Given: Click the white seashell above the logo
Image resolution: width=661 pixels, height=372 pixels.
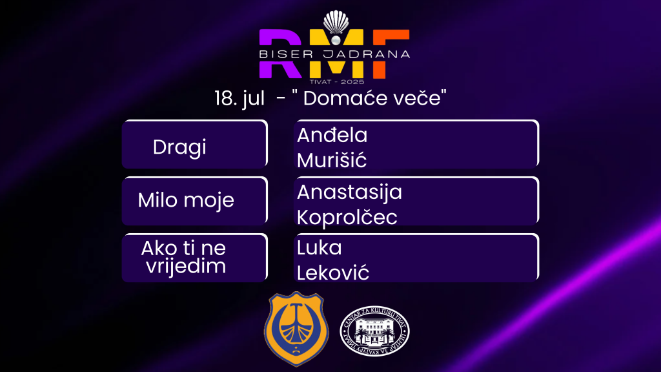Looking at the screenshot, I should (334, 25).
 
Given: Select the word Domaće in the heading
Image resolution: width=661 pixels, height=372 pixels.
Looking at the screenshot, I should (341, 99).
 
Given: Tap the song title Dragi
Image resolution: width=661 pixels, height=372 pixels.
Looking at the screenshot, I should (179, 147).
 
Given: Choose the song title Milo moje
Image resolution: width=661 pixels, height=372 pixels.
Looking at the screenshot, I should (186, 200).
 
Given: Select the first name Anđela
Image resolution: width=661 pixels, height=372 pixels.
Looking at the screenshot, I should (332, 136).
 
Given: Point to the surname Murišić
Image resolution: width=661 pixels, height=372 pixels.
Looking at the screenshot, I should (332, 160).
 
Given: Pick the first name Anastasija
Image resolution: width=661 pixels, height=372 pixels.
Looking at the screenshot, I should (349, 192).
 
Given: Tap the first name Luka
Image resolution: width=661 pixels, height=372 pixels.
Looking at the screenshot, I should (319, 248).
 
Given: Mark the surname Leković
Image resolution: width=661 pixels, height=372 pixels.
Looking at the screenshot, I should (333, 273).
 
